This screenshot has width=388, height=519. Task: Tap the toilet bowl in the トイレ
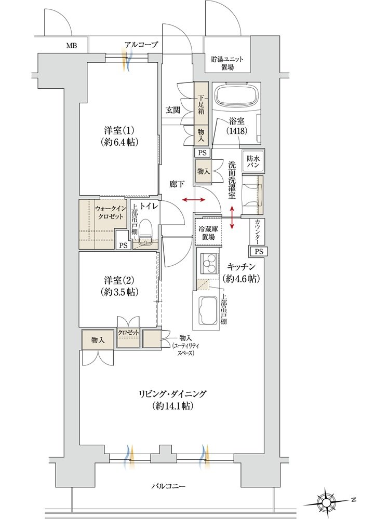click(145, 229)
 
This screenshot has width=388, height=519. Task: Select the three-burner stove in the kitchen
click(209, 262)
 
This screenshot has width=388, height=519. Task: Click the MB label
click(71, 46)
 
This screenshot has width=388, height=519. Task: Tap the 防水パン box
click(253, 161)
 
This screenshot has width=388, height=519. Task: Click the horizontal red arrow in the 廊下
click(194, 200)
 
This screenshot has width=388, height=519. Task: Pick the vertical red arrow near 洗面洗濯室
click(232, 217)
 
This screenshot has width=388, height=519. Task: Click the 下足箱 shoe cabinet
click(202, 104)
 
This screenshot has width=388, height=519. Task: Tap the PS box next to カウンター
click(259, 252)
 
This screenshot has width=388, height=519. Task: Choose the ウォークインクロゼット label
click(109, 212)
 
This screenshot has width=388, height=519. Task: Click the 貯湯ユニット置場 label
click(228, 63)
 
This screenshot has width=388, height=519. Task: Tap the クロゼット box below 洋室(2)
click(128, 338)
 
